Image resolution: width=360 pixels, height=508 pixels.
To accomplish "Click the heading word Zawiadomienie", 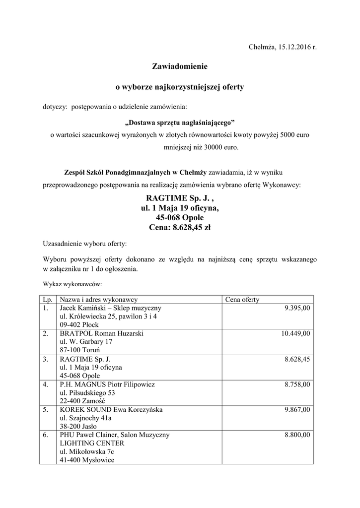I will pyautogui.click(x=179, y=65).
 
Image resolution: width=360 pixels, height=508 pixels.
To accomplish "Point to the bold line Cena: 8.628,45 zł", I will pyautogui.click(x=179, y=228).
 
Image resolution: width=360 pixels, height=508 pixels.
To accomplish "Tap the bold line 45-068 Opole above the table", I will pyautogui.click(x=179, y=218).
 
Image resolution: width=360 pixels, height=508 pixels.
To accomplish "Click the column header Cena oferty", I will pyautogui.click(x=242, y=300).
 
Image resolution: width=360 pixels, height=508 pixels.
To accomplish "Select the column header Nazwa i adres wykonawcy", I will pyautogui.click(x=98, y=300).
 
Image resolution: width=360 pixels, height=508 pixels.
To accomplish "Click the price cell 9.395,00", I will pyautogui.click(x=297, y=308).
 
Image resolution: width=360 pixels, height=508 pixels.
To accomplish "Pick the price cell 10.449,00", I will pyautogui.click(x=295, y=334).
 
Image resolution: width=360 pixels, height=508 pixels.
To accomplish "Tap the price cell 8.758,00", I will pyautogui.click(x=297, y=384).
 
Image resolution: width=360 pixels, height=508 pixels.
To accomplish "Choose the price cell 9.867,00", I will pyautogui.click(x=297, y=410).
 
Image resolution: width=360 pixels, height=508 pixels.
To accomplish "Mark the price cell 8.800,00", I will pyautogui.click(x=297, y=435).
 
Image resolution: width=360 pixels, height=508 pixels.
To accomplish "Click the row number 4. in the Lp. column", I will pyautogui.click(x=46, y=384).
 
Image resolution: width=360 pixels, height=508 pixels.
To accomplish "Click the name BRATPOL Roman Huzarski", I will pyautogui.click(x=101, y=334).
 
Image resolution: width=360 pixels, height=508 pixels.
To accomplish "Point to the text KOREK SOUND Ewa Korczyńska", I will pyautogui.click(x=111, y=410).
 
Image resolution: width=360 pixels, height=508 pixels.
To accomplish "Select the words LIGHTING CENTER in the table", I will pyautogui.click(x=92, y=444).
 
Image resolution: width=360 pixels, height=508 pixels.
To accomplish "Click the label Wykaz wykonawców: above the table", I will pyautogui.click(x=72, y=285).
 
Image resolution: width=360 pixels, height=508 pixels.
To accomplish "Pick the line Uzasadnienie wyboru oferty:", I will pyautogui.click(x=85, y=244).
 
